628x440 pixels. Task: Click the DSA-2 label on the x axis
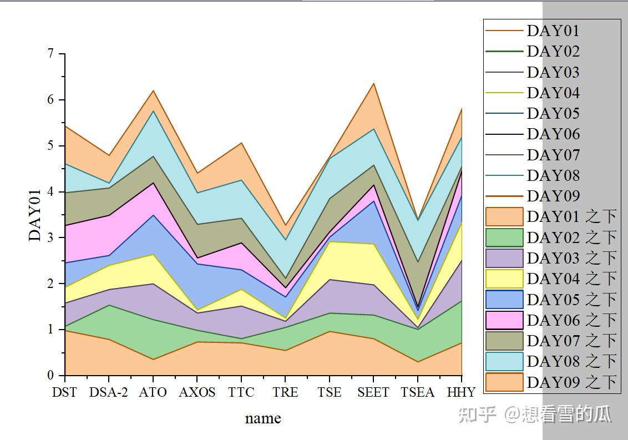108,392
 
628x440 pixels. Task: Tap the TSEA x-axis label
417,392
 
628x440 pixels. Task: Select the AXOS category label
197,392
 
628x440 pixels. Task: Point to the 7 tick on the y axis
50,54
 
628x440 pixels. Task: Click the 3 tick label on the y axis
50,237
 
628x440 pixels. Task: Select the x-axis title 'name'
263,418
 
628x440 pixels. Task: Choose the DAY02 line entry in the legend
504,52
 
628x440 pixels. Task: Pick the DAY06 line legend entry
504,134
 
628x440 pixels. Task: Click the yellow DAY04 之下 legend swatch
504,279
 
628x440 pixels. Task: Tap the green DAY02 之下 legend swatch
504,237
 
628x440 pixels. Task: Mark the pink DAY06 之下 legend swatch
504,320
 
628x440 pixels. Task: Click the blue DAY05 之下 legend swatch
504,300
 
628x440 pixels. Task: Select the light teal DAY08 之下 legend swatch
504,361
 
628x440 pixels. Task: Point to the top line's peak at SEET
373,83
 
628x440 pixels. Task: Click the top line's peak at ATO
153,90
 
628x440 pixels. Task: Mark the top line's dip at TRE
285,225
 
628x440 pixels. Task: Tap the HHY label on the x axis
461,392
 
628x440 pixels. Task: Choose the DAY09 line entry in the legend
504,196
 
